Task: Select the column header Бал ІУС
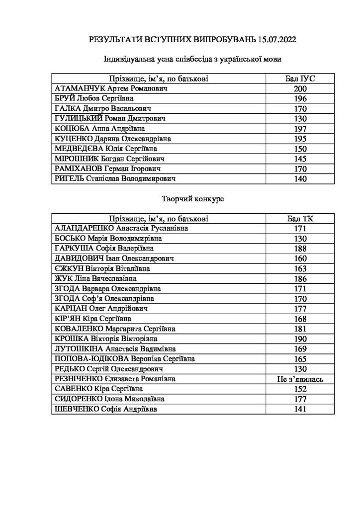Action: [301, 79]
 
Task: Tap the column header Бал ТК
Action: [301, 218]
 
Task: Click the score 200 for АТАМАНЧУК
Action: [301, 88]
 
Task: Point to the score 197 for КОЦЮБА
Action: [301, 128]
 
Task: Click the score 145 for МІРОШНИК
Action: [301, 159]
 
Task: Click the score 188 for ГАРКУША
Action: [301, 248]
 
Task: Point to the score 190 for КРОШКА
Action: [301, 339]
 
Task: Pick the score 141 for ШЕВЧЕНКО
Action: [301, 409]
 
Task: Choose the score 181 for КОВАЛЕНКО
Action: [301, 329]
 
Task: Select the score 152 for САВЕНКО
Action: [301, 389]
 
